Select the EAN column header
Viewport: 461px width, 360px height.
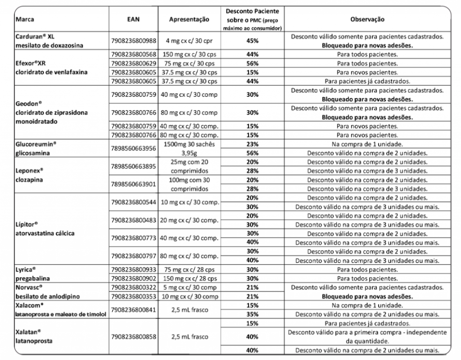pyautogui.click(x=133, y=20)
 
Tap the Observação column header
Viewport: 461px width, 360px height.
pyautogui.click(x=367, y=20)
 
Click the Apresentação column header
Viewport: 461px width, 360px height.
pyautogui.click(x=189, y=20)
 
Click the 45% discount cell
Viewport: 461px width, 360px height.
pyautogui.click(x=252, y=41)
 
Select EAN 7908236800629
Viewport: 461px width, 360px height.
pyautogui.click(x=133, y=63)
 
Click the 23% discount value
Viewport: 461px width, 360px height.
pyautogui.click(x=252, y=144)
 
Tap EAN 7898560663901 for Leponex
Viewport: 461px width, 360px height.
pyautogui.click(x=133, y=183)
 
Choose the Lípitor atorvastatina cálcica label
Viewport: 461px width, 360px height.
pyautogui.click(x=45, y=228)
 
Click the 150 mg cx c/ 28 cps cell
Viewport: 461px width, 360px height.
pyautogui.click(x=189, y=278)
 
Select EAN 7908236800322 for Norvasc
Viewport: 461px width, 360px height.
pyautogui.click(x=133, y=287)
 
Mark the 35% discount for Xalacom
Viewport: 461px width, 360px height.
pyautogui.click(x=252, y=314)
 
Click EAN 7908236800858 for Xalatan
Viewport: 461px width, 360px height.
pyautogui.click(x=133, y=337)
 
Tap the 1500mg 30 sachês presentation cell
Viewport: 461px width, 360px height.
pyautogui.click(x=189, y=144)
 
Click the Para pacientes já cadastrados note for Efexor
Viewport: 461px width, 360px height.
pyautogui.click(x=367, y=81)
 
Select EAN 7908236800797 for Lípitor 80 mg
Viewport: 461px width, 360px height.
pyautogui.click(x=133, y=255)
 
